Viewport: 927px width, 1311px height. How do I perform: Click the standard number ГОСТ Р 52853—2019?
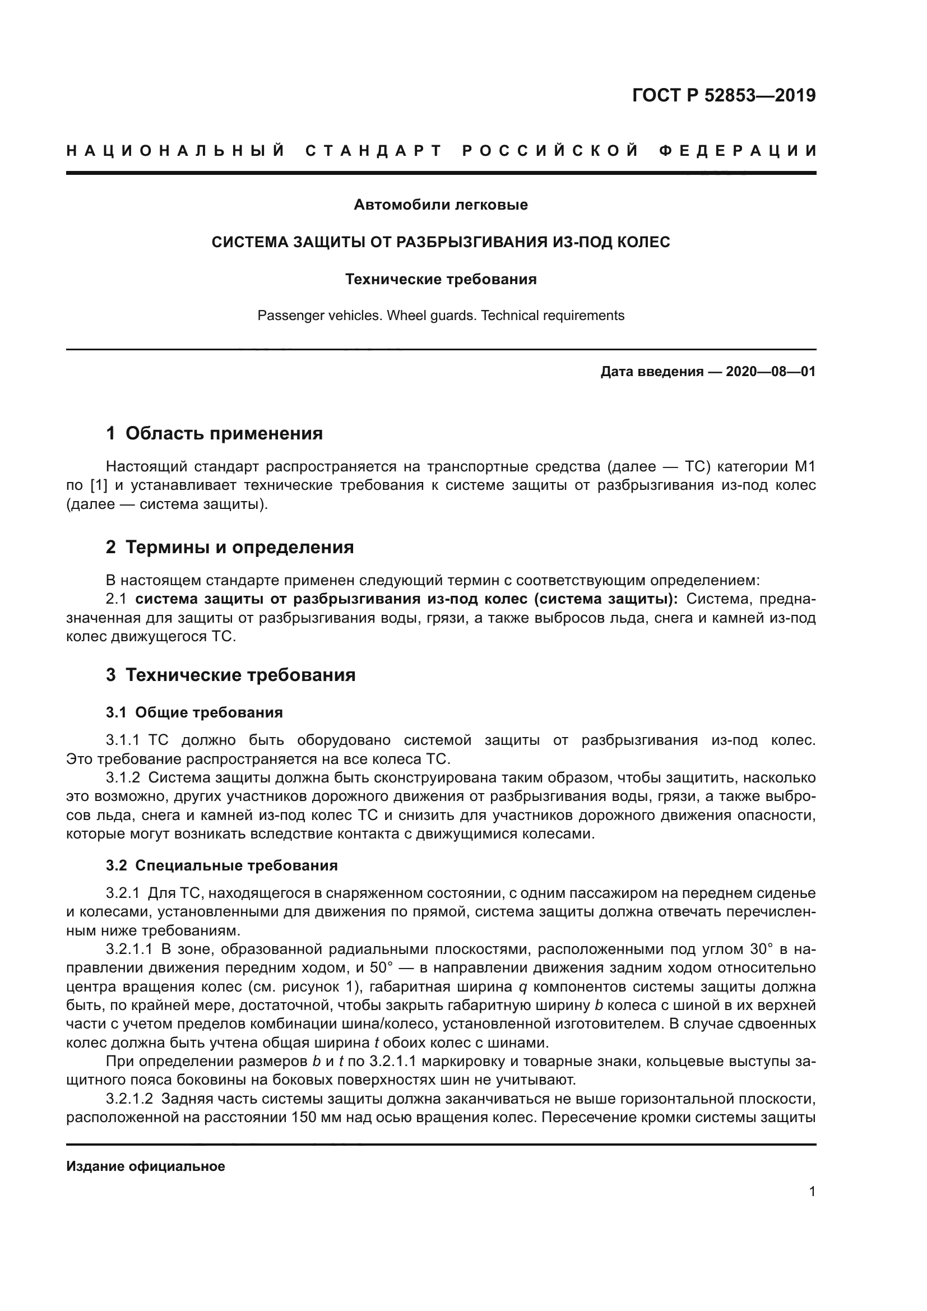coord(724,95)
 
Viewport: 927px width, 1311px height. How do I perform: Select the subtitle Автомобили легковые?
coord(441,205)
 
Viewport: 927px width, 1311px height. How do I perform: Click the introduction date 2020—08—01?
coord(771,372)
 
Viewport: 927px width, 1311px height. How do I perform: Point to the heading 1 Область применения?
coord(214,433)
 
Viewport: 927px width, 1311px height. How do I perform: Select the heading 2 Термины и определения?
coord(229,547)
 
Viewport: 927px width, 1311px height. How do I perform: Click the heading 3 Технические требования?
coord(230,675)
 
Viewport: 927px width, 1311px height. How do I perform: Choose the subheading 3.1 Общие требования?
coord(194,712)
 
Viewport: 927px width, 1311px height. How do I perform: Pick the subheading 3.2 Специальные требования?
coord(221,865)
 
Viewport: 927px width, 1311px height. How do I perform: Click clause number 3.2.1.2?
coord(129,1099)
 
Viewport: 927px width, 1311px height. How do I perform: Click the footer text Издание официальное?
coord(146,1166)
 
